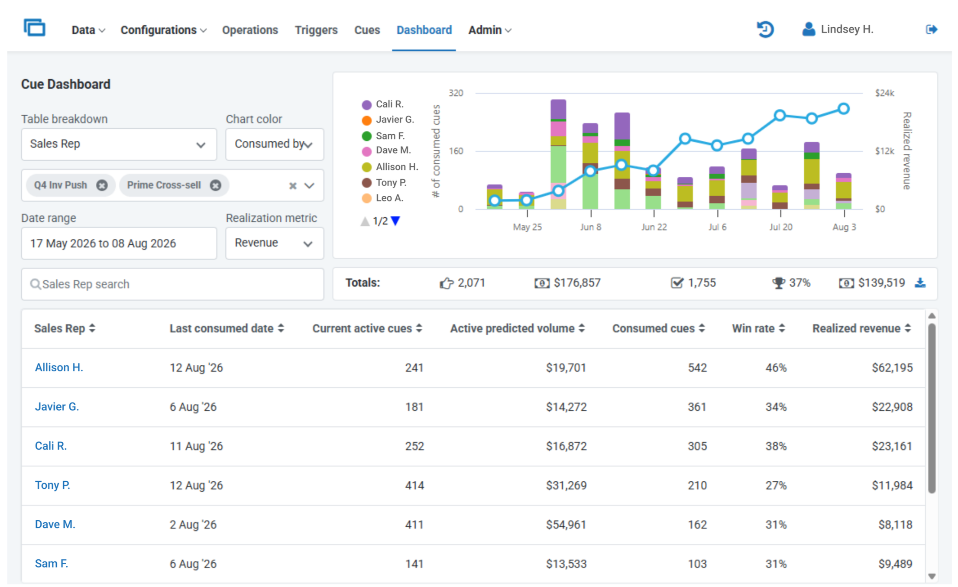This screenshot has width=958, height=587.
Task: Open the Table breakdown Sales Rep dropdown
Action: click(119, 144)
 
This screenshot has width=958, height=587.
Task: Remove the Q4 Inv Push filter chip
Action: click(102, 185)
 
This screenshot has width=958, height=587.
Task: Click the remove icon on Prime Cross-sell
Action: click(215, 185)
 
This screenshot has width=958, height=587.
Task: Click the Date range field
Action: click(119, 243)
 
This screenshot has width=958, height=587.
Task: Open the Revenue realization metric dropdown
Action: click(275, 243)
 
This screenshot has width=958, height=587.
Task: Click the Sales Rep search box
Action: click(172, 284)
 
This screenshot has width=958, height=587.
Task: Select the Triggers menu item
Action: click(316, 30)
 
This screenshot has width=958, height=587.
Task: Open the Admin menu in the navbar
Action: click(490, 30)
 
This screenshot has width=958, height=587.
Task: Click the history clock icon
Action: click(765, 29)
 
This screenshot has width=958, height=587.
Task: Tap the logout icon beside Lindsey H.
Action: click(932, 29)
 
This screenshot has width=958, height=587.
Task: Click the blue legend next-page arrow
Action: click(395, 221)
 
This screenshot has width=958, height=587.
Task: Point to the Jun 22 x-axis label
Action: click(654, 227)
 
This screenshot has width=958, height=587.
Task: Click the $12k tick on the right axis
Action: click(884, 151)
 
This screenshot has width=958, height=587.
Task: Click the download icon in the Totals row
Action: click(920, 283)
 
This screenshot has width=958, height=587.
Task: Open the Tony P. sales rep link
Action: click(52, 485)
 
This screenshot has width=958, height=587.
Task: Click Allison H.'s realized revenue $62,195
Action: click(892, 368)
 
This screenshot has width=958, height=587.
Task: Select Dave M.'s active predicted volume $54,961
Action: click(566, 525)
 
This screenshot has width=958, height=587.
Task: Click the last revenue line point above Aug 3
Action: click(843, 109)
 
